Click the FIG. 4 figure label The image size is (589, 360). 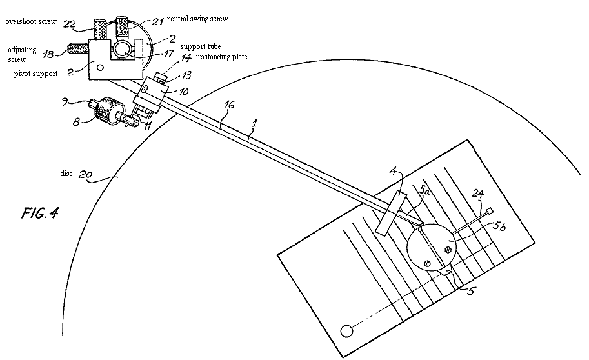pos(39,213)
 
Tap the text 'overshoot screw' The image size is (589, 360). pos(31,21)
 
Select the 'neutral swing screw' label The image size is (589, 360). pos(197,19)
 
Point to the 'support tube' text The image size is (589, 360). pos(201,46)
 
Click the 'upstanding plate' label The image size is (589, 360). pos(222,57)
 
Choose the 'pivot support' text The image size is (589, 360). pos(35,74)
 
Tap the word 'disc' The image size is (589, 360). pos(66,174)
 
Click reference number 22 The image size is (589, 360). pos(70,25)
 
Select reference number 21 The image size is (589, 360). pos(157,21)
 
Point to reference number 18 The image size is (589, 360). pos(48,54)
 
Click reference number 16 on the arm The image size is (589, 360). pos(229,105)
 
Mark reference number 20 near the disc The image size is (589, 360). pos(85,174)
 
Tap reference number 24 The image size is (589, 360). pos(478,194)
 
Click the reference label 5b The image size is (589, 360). pos(499,226)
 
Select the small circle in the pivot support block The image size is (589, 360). pos(100,67)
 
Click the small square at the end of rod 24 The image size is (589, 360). pos(490,211)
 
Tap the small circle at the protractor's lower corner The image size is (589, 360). pos(346,332)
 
